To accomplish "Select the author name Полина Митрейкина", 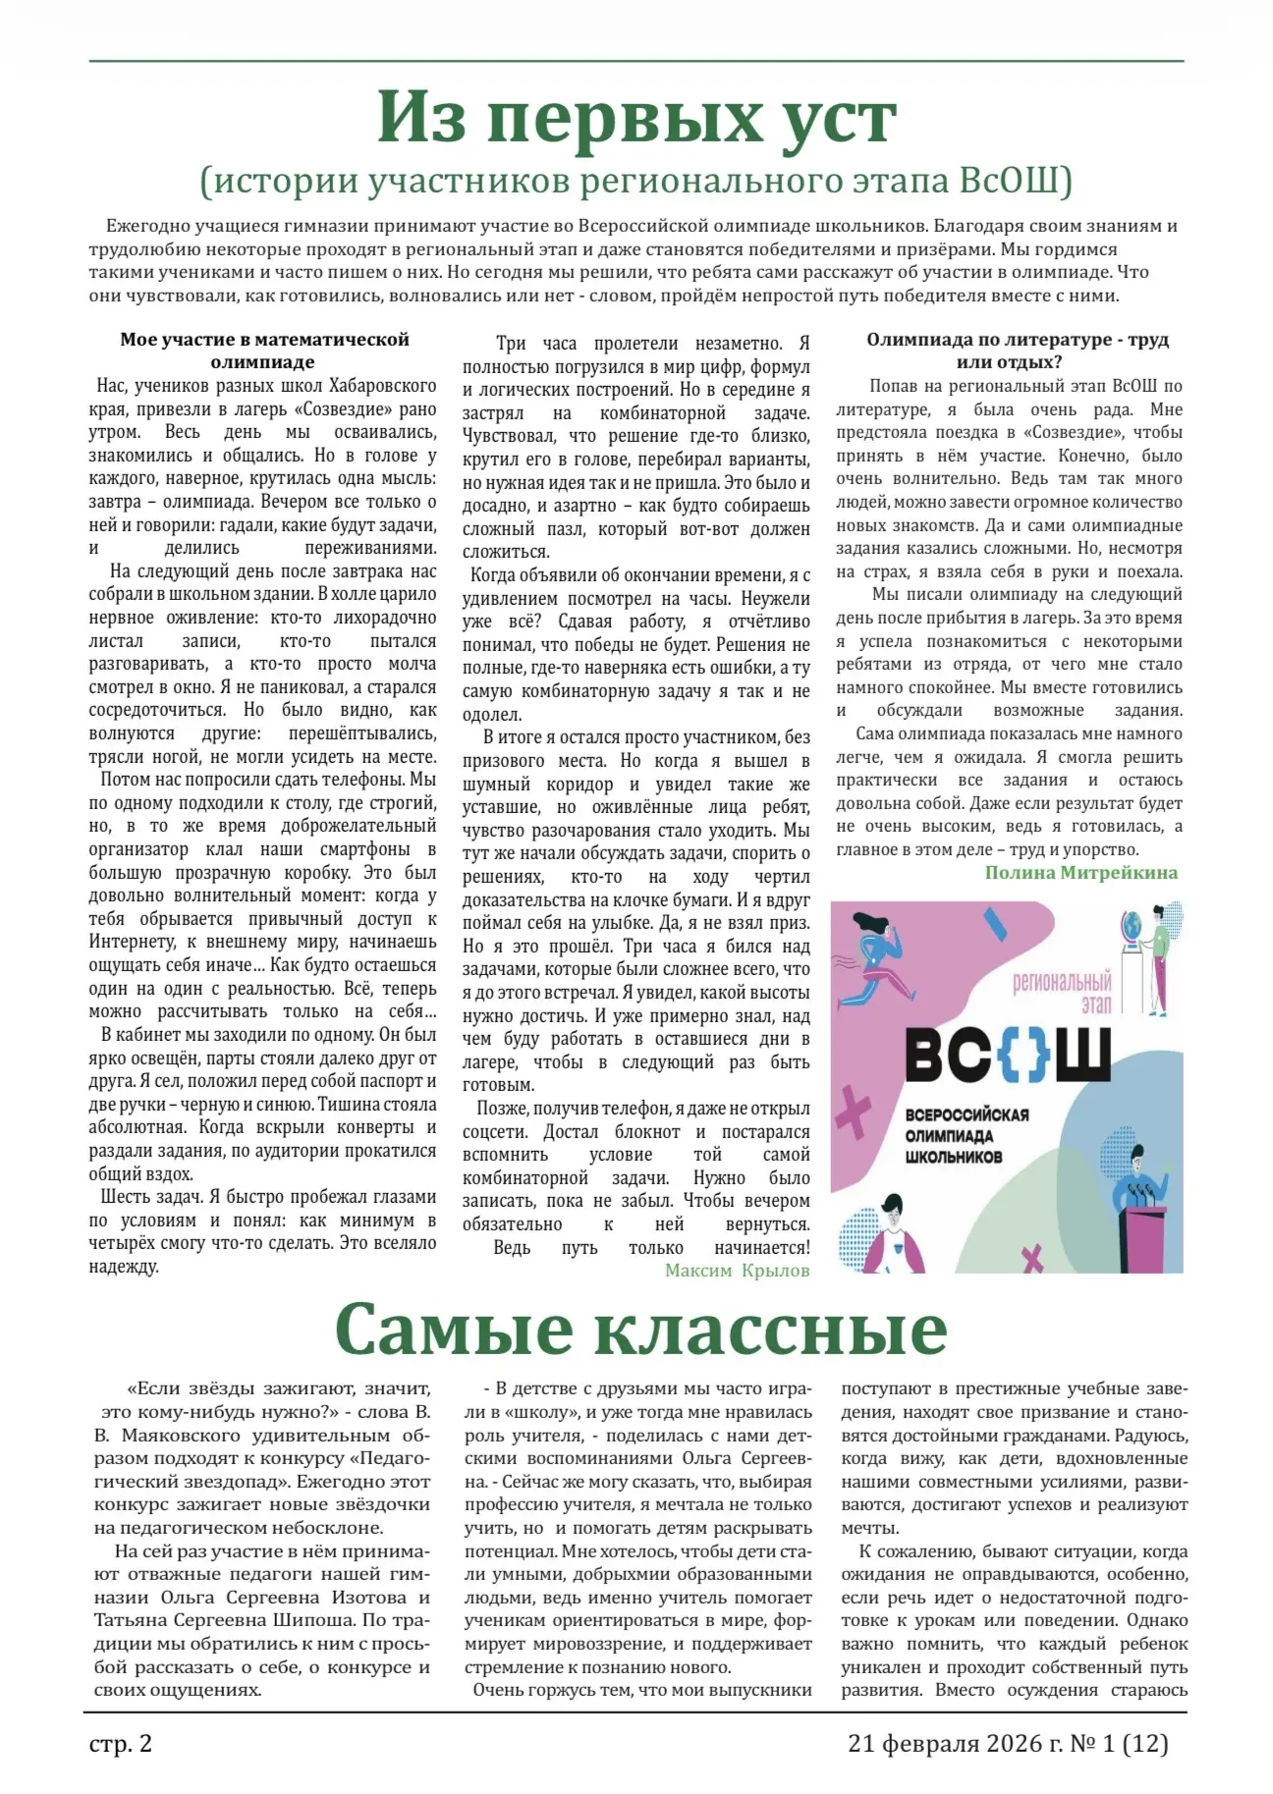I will [x=1080, y=873].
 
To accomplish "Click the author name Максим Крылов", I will [x=737, y=1271].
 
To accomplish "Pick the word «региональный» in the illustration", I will [x=1062, y=983].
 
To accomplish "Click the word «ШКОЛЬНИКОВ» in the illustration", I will [x=953, y=1157].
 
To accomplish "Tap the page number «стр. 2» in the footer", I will [x=121, y=1744].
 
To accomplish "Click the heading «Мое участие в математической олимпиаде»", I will [x=264, y=351].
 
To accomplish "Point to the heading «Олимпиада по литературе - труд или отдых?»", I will [x=1017, y=351].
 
